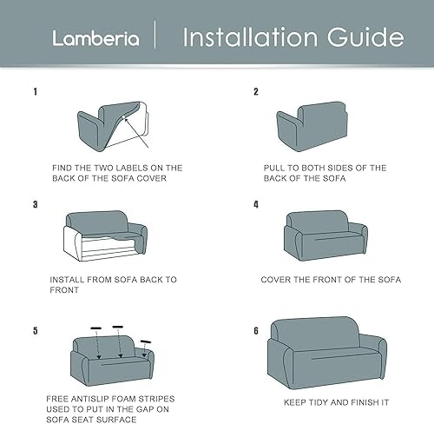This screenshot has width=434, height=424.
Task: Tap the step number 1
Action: point(36,91)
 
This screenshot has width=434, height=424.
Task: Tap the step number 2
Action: point(256,91)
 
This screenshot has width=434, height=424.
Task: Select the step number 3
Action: point(36,205)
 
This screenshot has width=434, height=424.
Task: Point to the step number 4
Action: point(256,205)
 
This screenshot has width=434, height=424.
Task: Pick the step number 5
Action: point(36,330)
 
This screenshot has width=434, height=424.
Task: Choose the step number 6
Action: point(256,330)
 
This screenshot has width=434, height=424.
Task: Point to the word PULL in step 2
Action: point(278,167)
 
